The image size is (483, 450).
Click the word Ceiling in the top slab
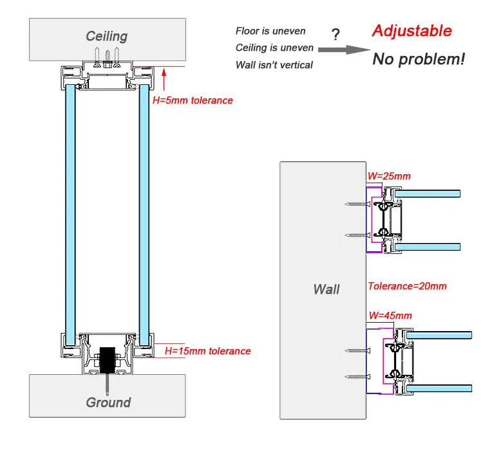[107, 37]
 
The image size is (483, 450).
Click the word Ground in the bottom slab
[108, 402]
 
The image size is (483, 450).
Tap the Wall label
[326, 289]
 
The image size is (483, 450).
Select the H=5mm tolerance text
[192, 100]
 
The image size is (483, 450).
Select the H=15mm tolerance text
[207, 351]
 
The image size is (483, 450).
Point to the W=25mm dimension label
[388, 175]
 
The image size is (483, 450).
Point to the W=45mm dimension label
[389, 315]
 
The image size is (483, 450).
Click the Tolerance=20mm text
[406, 286]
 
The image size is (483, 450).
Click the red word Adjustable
[412, 31]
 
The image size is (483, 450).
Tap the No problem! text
[418, 59]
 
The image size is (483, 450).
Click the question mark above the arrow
[335, 33]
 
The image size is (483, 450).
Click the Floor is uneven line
[270, 31]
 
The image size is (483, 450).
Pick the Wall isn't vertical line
[274, 64]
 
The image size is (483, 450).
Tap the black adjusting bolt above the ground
[108, 359]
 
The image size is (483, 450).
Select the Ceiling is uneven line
[274, 48]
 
